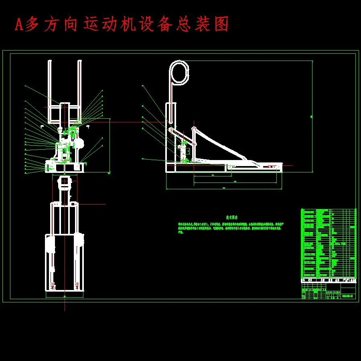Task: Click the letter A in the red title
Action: [x=18, y=25]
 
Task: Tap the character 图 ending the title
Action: [x=222, y=24]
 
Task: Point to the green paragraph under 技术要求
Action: [x=229, y=227]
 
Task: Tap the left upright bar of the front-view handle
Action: [x=49, y=90]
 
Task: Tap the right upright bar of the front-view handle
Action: [x=79, y=90]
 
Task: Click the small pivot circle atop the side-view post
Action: [x=194, y=129]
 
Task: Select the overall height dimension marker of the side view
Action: [x=312, y=116]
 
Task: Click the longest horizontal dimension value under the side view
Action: [x=224, y=188]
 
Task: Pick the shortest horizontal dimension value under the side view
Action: [x=212, y=175]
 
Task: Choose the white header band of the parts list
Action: [x=329, y=280]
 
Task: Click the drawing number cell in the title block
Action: [x=347, y=296]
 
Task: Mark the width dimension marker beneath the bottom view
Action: [x=65, y=296]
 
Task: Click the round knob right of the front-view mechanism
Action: [x=79, y=143]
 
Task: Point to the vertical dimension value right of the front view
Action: [x=110, y=173]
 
